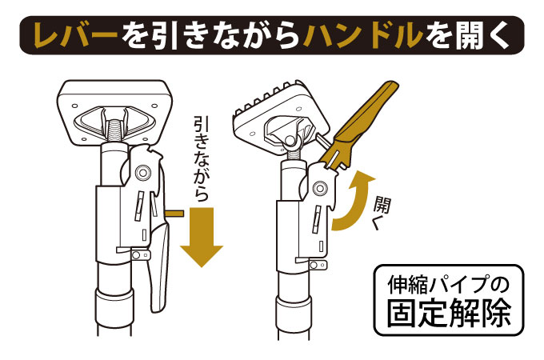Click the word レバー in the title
pos(77,35)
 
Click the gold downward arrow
pos(202,238)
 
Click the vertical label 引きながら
pos(202,160)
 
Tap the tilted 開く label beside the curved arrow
pos(381,213)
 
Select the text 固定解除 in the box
pos(449,313)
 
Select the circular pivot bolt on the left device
pos(143,172)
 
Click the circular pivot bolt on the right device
pos(320,188)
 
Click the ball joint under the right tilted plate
pos(290,141)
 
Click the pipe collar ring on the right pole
pos(294,314)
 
